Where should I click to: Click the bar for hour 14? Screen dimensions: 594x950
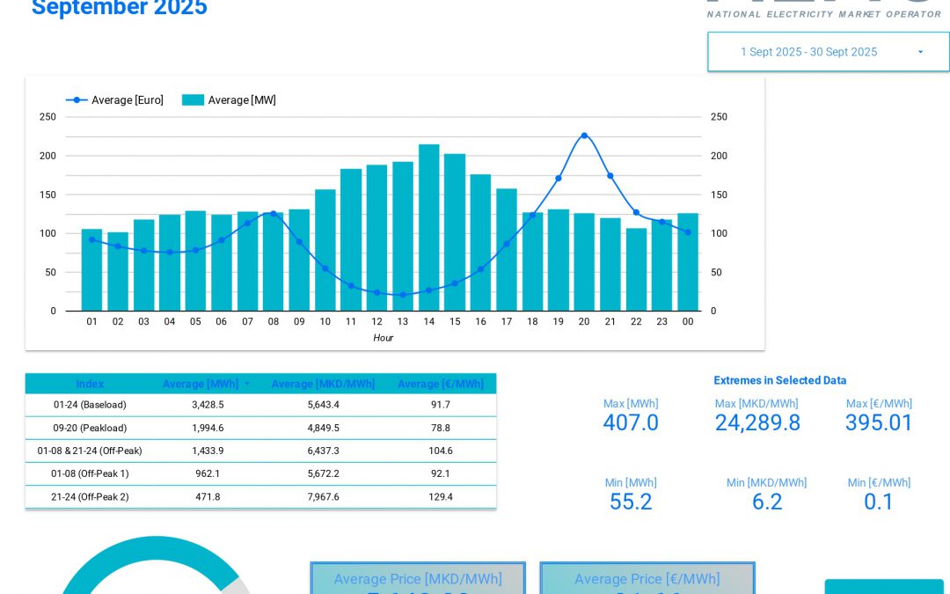pyautogui.click(x=428, y=228)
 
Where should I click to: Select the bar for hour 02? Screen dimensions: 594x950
pyautogui.click(x=118, y=272)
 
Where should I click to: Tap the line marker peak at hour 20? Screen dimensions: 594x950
pyautogui.click(x=584, y=136)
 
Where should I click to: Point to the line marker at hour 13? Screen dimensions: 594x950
pyautogui.click(x=403, y=295)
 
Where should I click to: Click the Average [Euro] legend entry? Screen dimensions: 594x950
pyautogui.click(x=115, y=100)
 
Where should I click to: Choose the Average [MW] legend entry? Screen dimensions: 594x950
pyautogui.click(x=230, y=100)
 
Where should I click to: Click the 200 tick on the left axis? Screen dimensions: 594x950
pyautogui.click(x=47, y=156)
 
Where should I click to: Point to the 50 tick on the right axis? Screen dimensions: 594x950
pyautogui.click(x=717, y=272)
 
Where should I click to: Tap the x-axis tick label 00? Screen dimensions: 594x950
pyautogui.click(x=688, y=322)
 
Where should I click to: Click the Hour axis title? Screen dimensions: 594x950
pyautogui.click(x=383, y=338)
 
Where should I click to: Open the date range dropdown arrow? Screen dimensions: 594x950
pyautogui.click(x=920, y=52)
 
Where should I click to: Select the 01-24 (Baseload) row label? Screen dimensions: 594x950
pyautogui.click(x=90, y=405)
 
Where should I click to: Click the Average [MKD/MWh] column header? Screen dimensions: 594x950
pyautogui.click(x=323, y=384)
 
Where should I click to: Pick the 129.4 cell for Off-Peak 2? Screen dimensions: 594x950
pyautogui.click(x=441, y=496)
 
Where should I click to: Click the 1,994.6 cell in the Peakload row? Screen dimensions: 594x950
pyautogui.click(x=208, y=428)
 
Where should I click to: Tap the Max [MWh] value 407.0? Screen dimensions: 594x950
pyautogui.click(x=631, y=423)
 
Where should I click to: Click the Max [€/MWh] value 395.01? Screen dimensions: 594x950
pyautogui.click(x=879, y=423)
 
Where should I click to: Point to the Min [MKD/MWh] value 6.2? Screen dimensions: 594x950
pyautogui.click(x=767, y=502)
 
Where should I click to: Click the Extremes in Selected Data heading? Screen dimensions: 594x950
pyautogui.click(x=779, y=380)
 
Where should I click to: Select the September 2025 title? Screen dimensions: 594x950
pyautogui.click(x=120, y=9)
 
